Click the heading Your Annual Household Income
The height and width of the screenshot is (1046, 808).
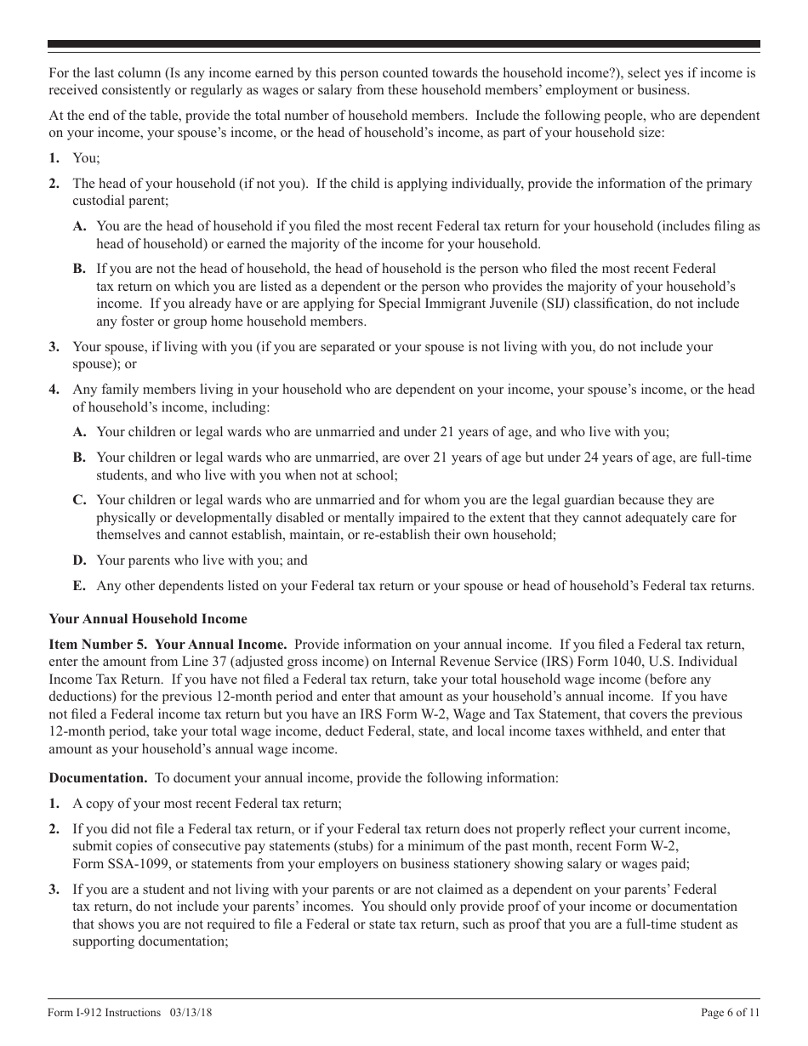point(148,618)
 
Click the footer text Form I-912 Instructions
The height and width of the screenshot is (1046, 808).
point(105,1012)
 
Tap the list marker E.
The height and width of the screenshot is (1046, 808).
point(79,586)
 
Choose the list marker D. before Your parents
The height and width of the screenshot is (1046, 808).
point(79,560)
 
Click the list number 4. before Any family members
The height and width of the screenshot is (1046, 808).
point(54,389)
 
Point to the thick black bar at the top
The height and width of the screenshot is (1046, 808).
point(404,44)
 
